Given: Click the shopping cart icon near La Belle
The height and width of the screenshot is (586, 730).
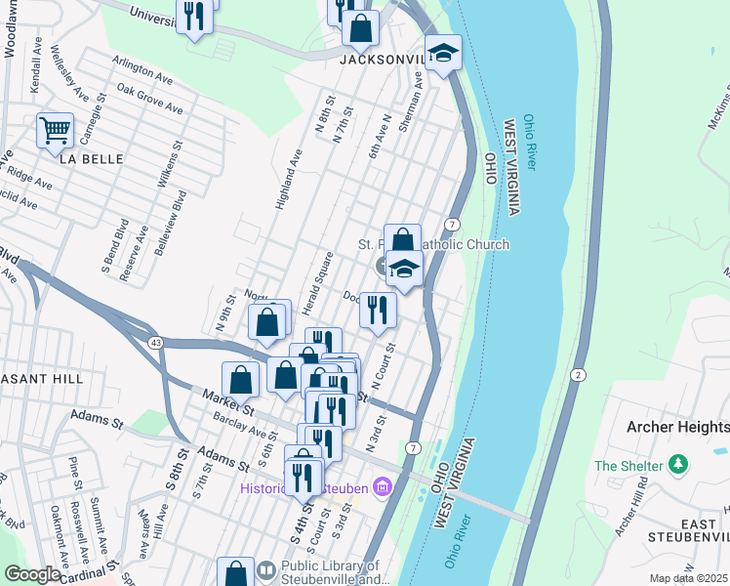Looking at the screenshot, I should (55, 130).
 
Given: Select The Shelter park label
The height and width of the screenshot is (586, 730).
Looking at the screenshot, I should (629, 466).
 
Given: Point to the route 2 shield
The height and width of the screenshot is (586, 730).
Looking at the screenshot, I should (578, 375).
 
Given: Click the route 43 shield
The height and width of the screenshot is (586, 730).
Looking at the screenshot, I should (156, 342).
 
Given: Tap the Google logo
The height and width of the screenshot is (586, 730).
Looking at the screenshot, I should (31, 574).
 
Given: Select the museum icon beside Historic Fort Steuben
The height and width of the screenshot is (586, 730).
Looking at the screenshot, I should (382, 485).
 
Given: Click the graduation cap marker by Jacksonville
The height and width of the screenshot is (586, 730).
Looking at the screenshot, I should (442, 54).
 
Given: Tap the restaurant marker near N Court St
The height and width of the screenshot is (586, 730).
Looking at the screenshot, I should (378, 310).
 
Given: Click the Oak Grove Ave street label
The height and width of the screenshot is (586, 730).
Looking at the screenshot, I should (149, 99).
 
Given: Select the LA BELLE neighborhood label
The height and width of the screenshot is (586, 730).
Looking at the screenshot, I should (91, 158).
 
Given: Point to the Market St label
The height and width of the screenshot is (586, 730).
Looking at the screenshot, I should (228, 400).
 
